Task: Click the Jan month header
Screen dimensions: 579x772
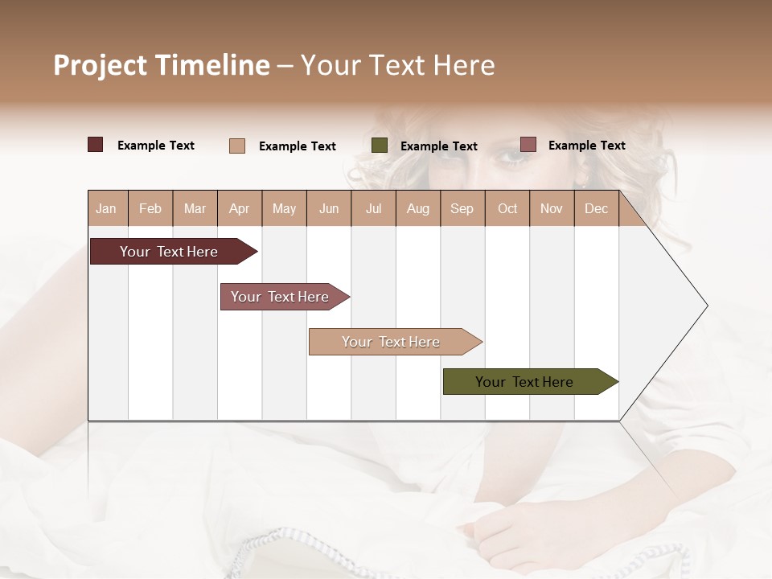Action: pyautogui.click(x=106, y=208)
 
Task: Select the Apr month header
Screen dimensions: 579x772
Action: pyautogui.click(x=239, y=208)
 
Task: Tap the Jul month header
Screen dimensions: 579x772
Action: pyautogui.click(x=373, y=208)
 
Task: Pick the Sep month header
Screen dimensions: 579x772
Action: pyautogui.click(x=462, y=208)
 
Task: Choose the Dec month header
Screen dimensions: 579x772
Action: pyautogui.click(x=596, y=208)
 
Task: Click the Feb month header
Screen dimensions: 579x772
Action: pyautogui.click(x=150, y=208)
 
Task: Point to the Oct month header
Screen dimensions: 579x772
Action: pyautogui.click(x=507, y=208)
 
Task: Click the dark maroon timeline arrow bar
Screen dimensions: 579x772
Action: pyautogui.click(x=169, y=252)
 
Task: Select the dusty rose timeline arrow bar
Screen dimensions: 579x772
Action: pyautogui.click(x=280, y=297)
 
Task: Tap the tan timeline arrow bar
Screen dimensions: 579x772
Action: pyautogui.click(x=391, y=342)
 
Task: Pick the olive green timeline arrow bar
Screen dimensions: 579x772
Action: pyautogui.click(x=524, y=382)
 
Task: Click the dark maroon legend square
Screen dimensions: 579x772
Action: pyautogui.click(x=96, y=145)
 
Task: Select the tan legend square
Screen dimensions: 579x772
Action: pyautogui.click(x=237, y=146)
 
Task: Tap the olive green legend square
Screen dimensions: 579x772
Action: pyautogui.click(x=380, y=146)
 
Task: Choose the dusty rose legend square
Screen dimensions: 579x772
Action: pyautogui.click(x=528, y=145)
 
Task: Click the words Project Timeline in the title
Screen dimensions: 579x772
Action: pyautogui.click(x=162, y=65)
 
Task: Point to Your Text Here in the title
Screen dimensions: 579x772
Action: pyautogui.click(x=397, y=65)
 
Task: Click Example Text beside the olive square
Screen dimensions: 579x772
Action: pyautogui.click(x=438, y=146)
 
